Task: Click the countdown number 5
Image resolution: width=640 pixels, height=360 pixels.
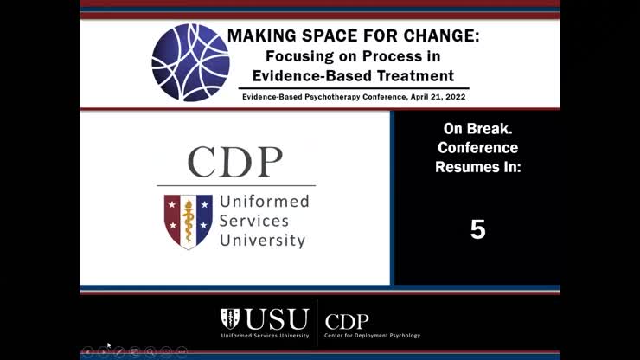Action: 477,229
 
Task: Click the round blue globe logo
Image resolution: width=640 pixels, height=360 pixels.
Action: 190,62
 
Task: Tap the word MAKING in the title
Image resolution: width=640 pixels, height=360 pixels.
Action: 262,37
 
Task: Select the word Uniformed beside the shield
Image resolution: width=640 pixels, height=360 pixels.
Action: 264,202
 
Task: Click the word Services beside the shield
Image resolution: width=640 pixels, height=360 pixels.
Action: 254,221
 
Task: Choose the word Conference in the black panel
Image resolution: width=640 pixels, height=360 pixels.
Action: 477,147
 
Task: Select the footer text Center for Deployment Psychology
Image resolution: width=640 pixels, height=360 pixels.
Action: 372,335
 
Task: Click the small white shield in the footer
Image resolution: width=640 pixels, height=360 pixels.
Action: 230,318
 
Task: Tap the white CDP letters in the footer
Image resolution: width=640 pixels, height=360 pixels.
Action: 347,320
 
